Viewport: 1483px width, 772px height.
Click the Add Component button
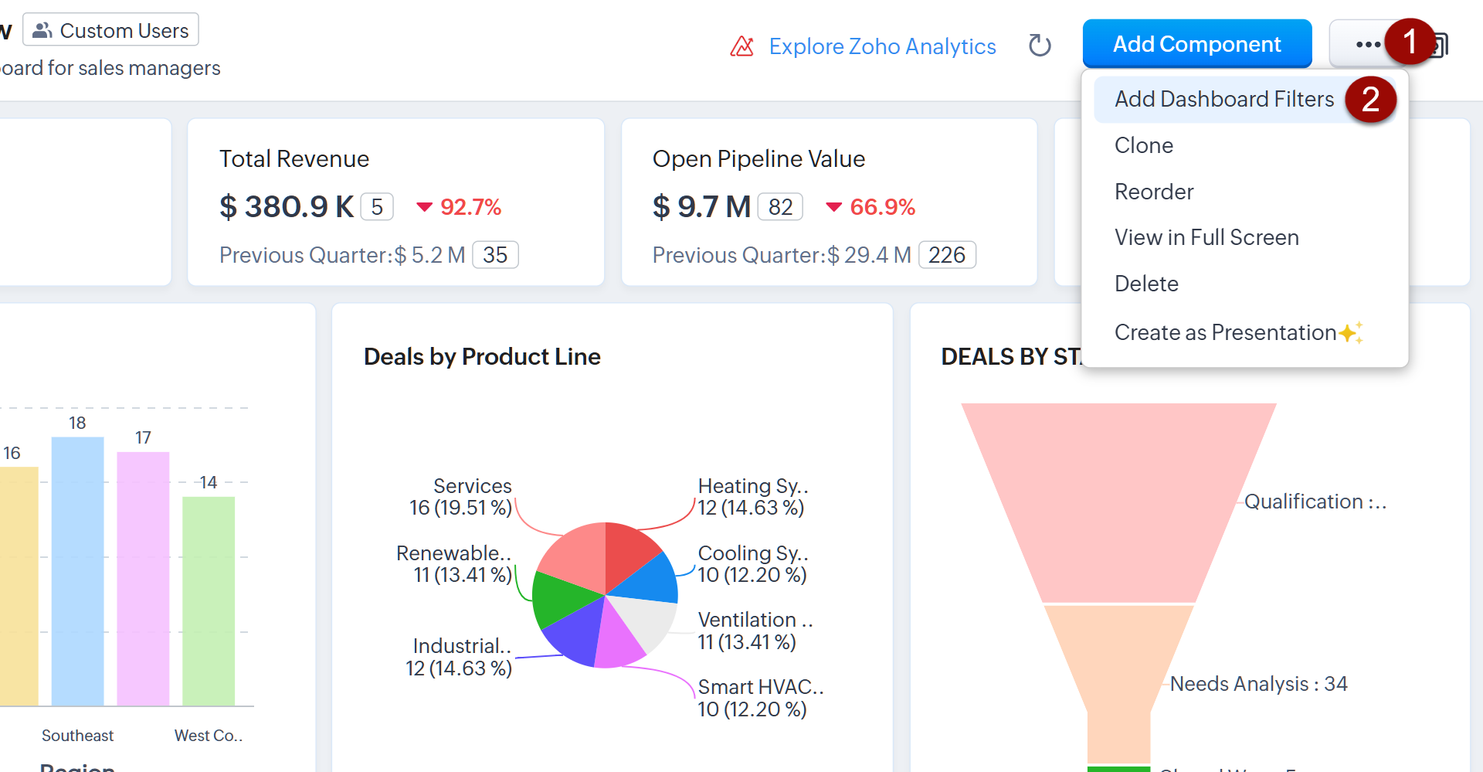1196,44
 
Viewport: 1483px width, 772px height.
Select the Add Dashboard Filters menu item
1223,100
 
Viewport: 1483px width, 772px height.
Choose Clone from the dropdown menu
1143,145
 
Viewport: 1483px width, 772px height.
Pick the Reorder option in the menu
1154,192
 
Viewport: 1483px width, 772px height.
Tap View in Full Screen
1206,237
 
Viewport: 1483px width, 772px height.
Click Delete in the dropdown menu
1146,284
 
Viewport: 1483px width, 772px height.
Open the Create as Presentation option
1225,332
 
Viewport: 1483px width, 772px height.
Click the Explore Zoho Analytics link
881,46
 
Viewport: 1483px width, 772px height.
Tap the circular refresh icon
1040,46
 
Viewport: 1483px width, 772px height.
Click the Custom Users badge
111,30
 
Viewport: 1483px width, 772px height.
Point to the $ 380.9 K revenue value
287,206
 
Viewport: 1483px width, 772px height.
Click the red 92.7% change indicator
460,207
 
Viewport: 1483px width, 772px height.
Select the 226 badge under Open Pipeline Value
947,255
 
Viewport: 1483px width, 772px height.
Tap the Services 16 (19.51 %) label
461,497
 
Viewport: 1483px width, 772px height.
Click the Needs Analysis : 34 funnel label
1258,684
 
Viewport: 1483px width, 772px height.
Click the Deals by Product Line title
482,356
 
